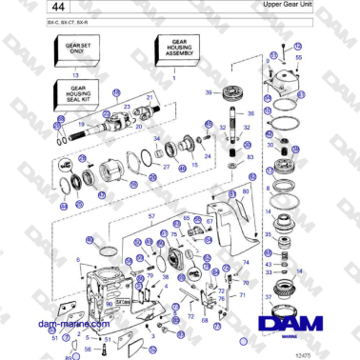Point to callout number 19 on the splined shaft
83,124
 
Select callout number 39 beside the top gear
209,92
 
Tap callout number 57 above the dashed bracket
150,217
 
